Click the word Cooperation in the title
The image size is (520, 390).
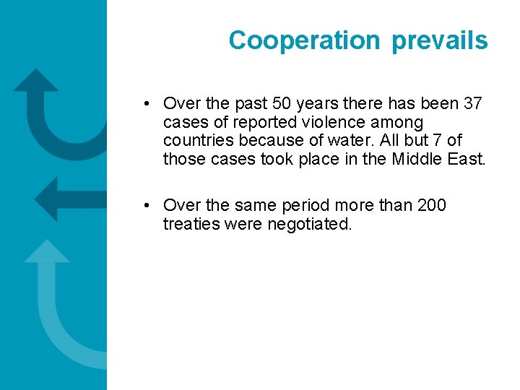[x=303, y=41]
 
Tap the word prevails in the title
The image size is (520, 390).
[x=439, y=41]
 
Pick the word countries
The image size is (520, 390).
[x=196, y=140]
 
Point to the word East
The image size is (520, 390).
[x=467, y=158]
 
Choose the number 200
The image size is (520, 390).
[x=432, y=206]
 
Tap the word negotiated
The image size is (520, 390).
[x=310, y=224]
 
